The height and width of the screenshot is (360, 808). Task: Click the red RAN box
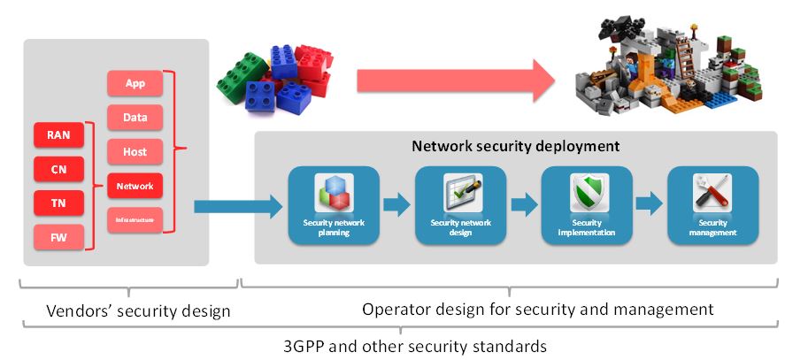click(58, 135)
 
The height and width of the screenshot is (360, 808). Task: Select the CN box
click(58, 169)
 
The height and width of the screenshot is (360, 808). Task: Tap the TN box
click(58, 203)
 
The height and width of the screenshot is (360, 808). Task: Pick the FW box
click(58, 236)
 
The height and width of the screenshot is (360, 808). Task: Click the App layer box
click(135, 84)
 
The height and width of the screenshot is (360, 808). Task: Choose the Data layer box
click(135, 118)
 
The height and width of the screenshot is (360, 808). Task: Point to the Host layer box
click(135, 151)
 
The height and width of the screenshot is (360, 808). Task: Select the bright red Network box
click(135, 186)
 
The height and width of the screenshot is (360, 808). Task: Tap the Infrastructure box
click(135, 219)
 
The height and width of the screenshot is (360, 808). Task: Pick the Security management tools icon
click(713, 192)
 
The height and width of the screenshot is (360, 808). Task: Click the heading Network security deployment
click(515, 146)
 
